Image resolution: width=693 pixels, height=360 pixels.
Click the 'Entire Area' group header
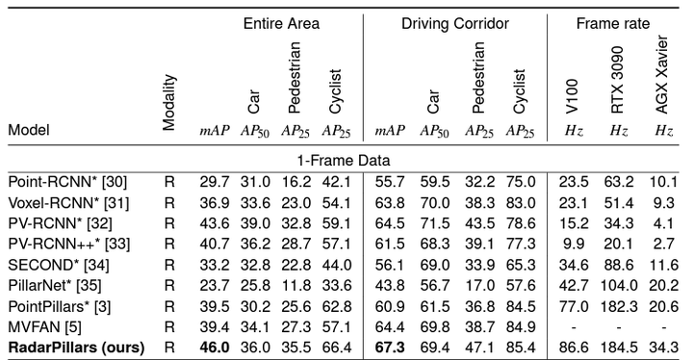(281, 23)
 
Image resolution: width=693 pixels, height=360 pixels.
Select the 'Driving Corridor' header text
(454, 23)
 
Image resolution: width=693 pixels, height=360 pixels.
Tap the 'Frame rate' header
(612, 23)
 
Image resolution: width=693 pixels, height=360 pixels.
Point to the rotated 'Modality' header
(169, 103)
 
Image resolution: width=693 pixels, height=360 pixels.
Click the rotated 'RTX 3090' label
(617, 80)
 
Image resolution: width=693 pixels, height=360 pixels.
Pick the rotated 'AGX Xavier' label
(661, 75)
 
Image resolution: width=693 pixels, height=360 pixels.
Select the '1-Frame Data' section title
(344, 160)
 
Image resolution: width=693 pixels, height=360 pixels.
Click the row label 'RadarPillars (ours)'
(76, 347)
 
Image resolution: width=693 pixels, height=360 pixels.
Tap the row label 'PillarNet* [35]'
(55, 285)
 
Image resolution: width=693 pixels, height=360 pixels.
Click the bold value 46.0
(215, 347)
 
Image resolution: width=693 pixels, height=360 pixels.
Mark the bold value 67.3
(390, 347)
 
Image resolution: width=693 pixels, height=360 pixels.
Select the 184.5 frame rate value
(618, 347)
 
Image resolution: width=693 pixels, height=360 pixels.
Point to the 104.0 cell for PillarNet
(618, 285)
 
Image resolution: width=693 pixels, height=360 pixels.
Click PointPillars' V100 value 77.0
(574, 306)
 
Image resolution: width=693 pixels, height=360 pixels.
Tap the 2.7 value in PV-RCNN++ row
(664, 244)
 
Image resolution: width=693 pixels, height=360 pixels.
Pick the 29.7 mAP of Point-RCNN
(215, 182)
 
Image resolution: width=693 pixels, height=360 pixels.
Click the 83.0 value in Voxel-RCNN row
(521, 202)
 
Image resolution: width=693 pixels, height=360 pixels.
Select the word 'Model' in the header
(29, 130)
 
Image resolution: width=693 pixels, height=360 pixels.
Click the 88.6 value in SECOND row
(618, 265)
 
